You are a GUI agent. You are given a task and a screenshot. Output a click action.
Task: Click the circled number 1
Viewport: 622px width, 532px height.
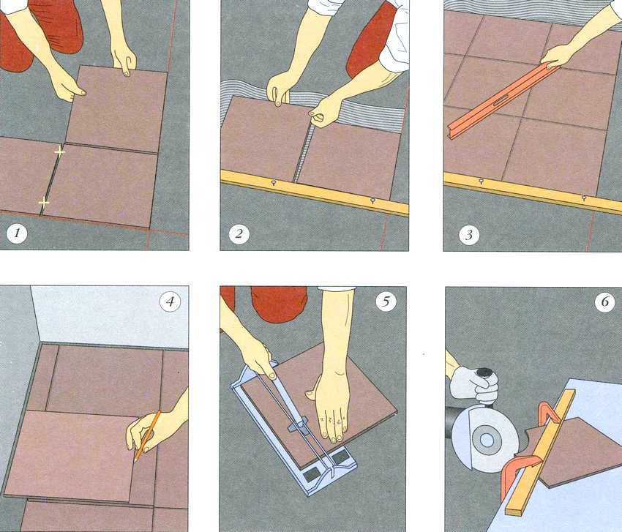(17, 233)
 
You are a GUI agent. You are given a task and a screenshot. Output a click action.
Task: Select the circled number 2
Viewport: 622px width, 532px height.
(239, 233)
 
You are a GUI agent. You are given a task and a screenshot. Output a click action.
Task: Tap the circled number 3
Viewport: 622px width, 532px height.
(469, 235)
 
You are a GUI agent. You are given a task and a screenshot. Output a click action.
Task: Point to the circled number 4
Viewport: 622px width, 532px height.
(170, 302)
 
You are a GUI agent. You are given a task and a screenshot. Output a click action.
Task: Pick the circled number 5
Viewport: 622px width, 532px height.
(386, 302)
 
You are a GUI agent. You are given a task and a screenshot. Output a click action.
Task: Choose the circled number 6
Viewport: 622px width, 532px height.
(605, 302)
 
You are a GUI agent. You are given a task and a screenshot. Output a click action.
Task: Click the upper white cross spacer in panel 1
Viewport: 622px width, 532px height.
(59, 151)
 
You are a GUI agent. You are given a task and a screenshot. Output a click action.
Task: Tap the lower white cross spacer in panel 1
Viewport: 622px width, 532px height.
(44, 203)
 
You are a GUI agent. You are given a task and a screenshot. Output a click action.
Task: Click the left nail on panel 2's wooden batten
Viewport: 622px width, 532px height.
(274, 182)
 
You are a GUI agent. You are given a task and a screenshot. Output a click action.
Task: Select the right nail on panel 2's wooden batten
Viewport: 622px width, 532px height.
(373, 201)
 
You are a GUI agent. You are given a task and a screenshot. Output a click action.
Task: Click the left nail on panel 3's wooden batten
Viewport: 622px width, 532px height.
(482, 181)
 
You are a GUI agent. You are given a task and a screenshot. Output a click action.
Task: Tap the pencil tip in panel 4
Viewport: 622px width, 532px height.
(135, 460)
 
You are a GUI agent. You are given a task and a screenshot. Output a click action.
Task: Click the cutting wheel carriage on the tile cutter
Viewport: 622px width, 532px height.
(297, 424)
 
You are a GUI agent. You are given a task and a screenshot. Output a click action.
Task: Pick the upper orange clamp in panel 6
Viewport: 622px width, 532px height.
(550, 413)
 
